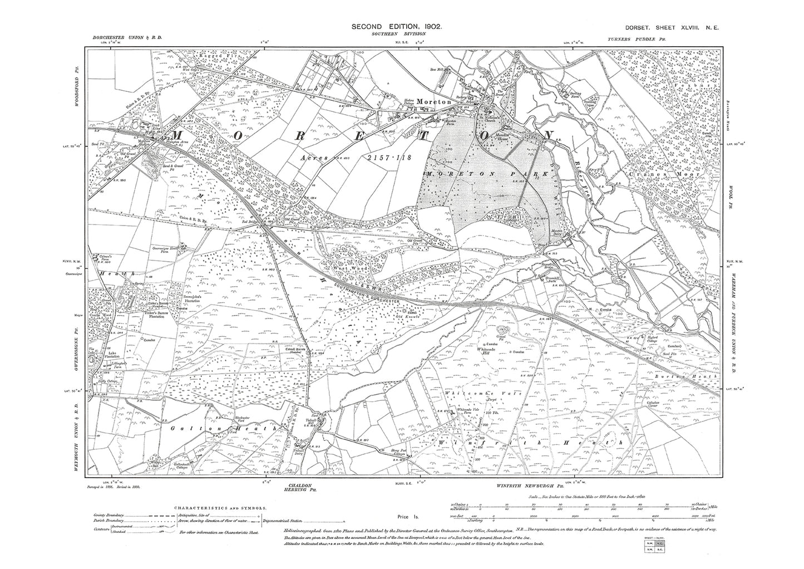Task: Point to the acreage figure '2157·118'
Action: [388, 158]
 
